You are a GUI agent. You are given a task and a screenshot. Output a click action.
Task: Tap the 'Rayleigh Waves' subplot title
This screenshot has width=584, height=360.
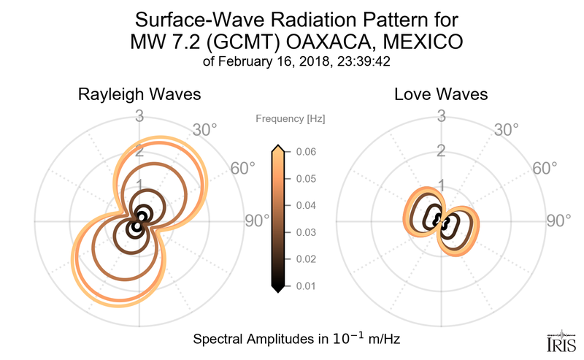[x=140, y=95]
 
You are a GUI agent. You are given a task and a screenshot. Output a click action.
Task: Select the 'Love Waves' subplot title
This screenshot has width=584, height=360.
[x=441, y=95]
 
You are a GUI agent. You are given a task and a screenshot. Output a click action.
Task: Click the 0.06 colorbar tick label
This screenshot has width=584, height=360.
[x=307, y=152]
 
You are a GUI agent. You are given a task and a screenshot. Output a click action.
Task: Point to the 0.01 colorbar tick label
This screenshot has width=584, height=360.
[x=307, y=286]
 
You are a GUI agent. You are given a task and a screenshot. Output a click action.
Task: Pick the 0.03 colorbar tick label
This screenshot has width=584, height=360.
[x=307, y=232]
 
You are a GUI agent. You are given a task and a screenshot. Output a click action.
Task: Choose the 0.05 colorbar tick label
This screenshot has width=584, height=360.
[x=307, y=179]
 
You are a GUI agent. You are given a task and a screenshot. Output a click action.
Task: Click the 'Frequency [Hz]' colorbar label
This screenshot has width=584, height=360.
[x=291, y=118]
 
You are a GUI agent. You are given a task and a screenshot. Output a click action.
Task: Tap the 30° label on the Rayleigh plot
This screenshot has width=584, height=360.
[x=204, y=131]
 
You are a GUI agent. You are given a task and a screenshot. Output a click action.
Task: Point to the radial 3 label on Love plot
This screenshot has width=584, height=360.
[x=442, y=115]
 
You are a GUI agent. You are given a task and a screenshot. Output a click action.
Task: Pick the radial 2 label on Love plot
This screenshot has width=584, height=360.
[x=442, y=151]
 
